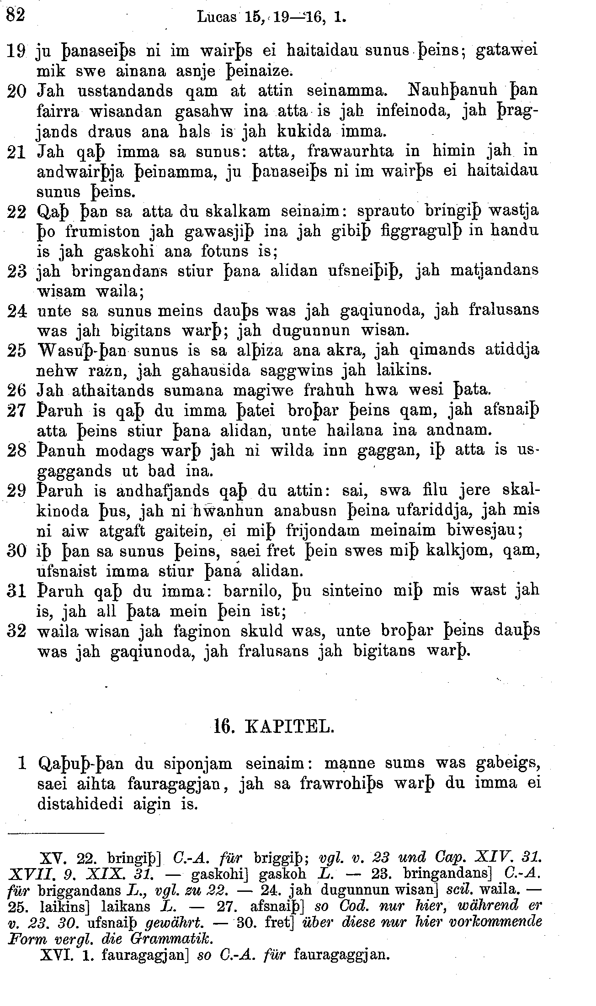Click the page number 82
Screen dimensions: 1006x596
(15, 16)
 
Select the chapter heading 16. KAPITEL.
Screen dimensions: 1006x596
(274, 727)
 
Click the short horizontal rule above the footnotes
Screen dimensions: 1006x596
(56, 835)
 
